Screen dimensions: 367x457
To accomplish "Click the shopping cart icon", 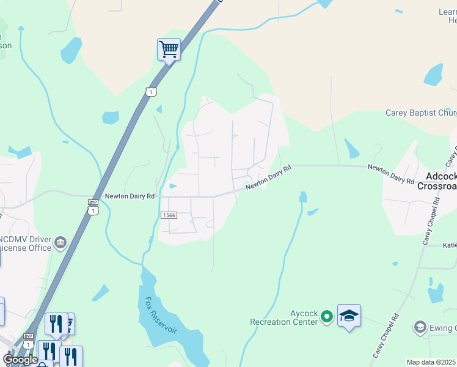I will pyautogui.click(x=169, y=48).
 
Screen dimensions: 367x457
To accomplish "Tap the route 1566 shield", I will pyautogui.click(x=169, y=215).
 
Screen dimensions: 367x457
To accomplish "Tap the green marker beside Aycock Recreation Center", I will pyautogui.click(x=327, y=316).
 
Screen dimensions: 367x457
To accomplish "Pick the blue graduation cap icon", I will pyautogui.click(x=349, y=315).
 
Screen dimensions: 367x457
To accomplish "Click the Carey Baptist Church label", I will pyautogui.click(x=421, y=113).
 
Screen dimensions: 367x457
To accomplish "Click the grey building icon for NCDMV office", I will pyautogui.click(x=60, y=243).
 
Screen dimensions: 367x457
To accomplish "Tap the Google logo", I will pyautogui.click(x=20, y=360).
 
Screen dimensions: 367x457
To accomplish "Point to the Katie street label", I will pyautogui.click(x=449, y=245).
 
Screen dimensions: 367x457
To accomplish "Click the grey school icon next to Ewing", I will pyautogui.click(x=420, y=327).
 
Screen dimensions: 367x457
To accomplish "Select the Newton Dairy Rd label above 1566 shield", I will pyautogui.click(x=130, y=196).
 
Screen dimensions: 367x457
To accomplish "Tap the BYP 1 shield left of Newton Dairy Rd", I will pyautogui.click(x=93, y=207).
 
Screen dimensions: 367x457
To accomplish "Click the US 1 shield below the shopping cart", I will pyautogui.click(x=151, y=92).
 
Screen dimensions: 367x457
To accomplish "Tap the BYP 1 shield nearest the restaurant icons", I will pyautogui.click(x=29, y=341).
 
